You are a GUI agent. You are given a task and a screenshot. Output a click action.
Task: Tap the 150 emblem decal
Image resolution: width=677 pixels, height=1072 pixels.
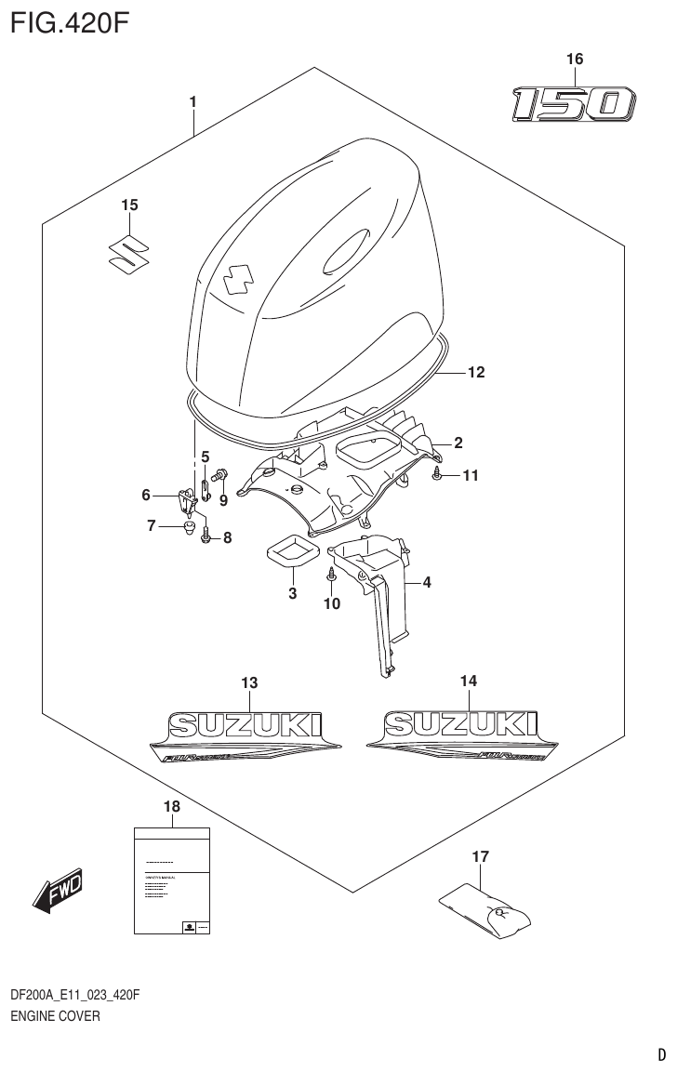point(573,104)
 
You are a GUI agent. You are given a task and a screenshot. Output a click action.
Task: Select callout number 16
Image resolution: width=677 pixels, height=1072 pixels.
point(574,60)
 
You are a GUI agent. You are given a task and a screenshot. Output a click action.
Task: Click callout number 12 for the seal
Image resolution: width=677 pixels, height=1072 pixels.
point(475,373)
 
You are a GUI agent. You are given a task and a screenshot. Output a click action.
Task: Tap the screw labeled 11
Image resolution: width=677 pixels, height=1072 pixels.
point(437,475)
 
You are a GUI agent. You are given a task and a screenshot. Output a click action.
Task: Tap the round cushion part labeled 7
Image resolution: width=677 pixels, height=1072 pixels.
point(189,530)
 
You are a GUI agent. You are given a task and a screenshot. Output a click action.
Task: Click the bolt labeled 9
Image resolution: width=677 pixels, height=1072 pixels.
point(221,476)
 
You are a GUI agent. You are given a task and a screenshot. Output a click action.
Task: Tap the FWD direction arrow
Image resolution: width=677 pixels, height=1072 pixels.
point(59,889)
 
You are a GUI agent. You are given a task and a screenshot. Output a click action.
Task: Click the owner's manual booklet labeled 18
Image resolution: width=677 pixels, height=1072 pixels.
point(170,879)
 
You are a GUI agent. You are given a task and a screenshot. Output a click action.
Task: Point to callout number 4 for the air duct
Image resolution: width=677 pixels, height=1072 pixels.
point(426,583)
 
